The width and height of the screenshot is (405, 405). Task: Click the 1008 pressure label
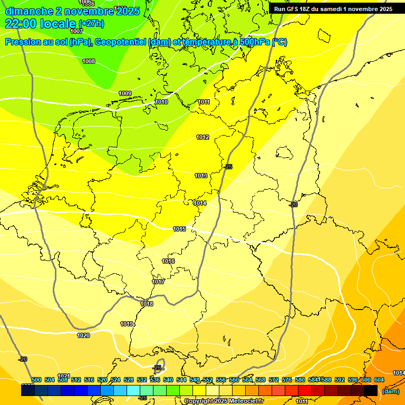89,62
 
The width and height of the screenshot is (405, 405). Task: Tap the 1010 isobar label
161,102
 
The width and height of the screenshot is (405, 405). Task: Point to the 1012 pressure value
202,138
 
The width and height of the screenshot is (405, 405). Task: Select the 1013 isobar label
200,176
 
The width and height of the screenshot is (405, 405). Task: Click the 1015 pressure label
179,229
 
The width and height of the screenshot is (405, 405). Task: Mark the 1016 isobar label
168,262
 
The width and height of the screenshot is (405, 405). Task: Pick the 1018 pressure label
147,304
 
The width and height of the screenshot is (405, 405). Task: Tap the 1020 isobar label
83,335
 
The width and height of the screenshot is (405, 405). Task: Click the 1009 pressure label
125,94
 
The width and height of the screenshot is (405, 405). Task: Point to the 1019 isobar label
127,324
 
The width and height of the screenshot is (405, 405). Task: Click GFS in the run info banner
296,9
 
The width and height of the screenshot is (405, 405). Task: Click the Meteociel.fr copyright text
224,401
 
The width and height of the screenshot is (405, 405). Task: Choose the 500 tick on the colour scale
36,380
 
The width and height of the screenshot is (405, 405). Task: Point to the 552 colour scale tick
208,380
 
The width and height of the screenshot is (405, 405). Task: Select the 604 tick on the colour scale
379,380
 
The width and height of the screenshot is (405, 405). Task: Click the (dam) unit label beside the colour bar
390,391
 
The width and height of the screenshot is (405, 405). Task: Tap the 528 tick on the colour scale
129,380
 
